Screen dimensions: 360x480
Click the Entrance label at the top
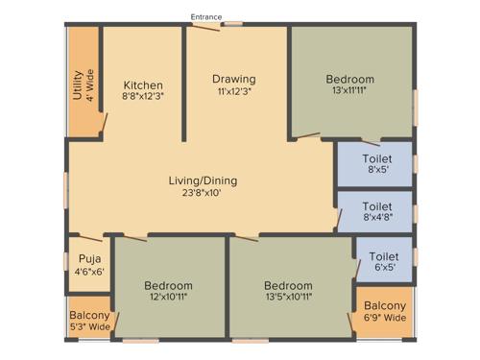point(206,16)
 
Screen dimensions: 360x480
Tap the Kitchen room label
point(142,85)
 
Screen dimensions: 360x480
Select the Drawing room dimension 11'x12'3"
point(233,90)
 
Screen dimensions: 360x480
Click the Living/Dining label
point(203,180)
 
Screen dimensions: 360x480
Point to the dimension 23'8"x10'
point(203,192)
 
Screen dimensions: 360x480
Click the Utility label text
point(78,84)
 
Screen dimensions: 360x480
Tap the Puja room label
point(88,259)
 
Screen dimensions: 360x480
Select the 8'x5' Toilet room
point(376,164)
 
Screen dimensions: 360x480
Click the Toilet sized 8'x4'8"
point(376,211)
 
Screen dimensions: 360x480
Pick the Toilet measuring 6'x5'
point(384,262)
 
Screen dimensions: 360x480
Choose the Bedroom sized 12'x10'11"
point(168,291)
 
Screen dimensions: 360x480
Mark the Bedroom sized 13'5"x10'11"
point(288,291)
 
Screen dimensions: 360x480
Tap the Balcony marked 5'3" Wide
point(88,320)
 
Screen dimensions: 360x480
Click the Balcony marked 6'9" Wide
point(384,311)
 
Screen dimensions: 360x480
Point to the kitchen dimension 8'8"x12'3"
point(142,97)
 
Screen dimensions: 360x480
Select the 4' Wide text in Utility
point(90,84)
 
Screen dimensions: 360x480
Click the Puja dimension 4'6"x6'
point(88,272)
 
